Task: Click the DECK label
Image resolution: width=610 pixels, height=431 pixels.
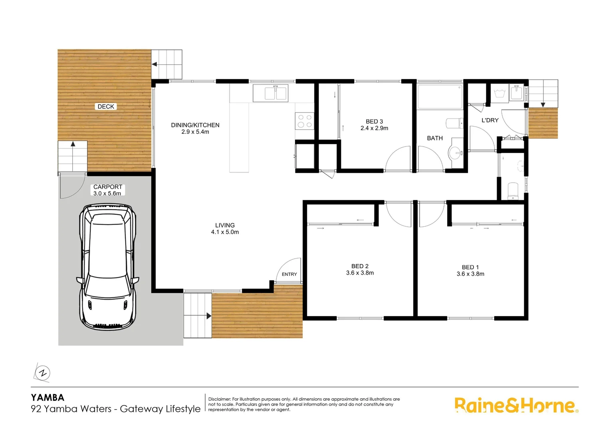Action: [106, 107]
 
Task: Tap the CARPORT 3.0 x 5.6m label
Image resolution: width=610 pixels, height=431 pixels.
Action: [107, 190]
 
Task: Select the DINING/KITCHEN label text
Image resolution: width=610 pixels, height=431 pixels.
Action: [195, 125]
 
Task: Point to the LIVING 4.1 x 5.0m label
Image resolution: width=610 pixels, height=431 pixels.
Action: [225, 229]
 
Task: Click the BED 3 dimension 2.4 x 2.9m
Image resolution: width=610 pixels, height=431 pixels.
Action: [374, 128]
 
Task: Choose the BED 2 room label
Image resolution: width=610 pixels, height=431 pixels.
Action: [360, 266]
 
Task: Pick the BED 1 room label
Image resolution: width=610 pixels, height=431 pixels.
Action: [470, 267]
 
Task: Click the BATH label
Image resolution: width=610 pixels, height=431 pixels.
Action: [435, 138]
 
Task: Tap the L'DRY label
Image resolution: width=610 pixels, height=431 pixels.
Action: [490, 120]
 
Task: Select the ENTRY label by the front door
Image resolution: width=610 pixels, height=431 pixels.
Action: [289, 274]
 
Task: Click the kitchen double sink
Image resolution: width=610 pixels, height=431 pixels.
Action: [275, 93]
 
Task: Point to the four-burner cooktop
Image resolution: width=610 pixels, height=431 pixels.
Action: [305, 121]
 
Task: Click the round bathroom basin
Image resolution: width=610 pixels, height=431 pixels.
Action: [456, 152]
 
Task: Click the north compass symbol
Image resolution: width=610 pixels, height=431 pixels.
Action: [42, 374]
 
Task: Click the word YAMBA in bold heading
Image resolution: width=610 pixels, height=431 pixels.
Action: [48, 397]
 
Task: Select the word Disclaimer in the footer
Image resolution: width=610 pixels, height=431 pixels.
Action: [219, 399]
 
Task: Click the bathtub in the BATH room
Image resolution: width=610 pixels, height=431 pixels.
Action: [440, 96]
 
